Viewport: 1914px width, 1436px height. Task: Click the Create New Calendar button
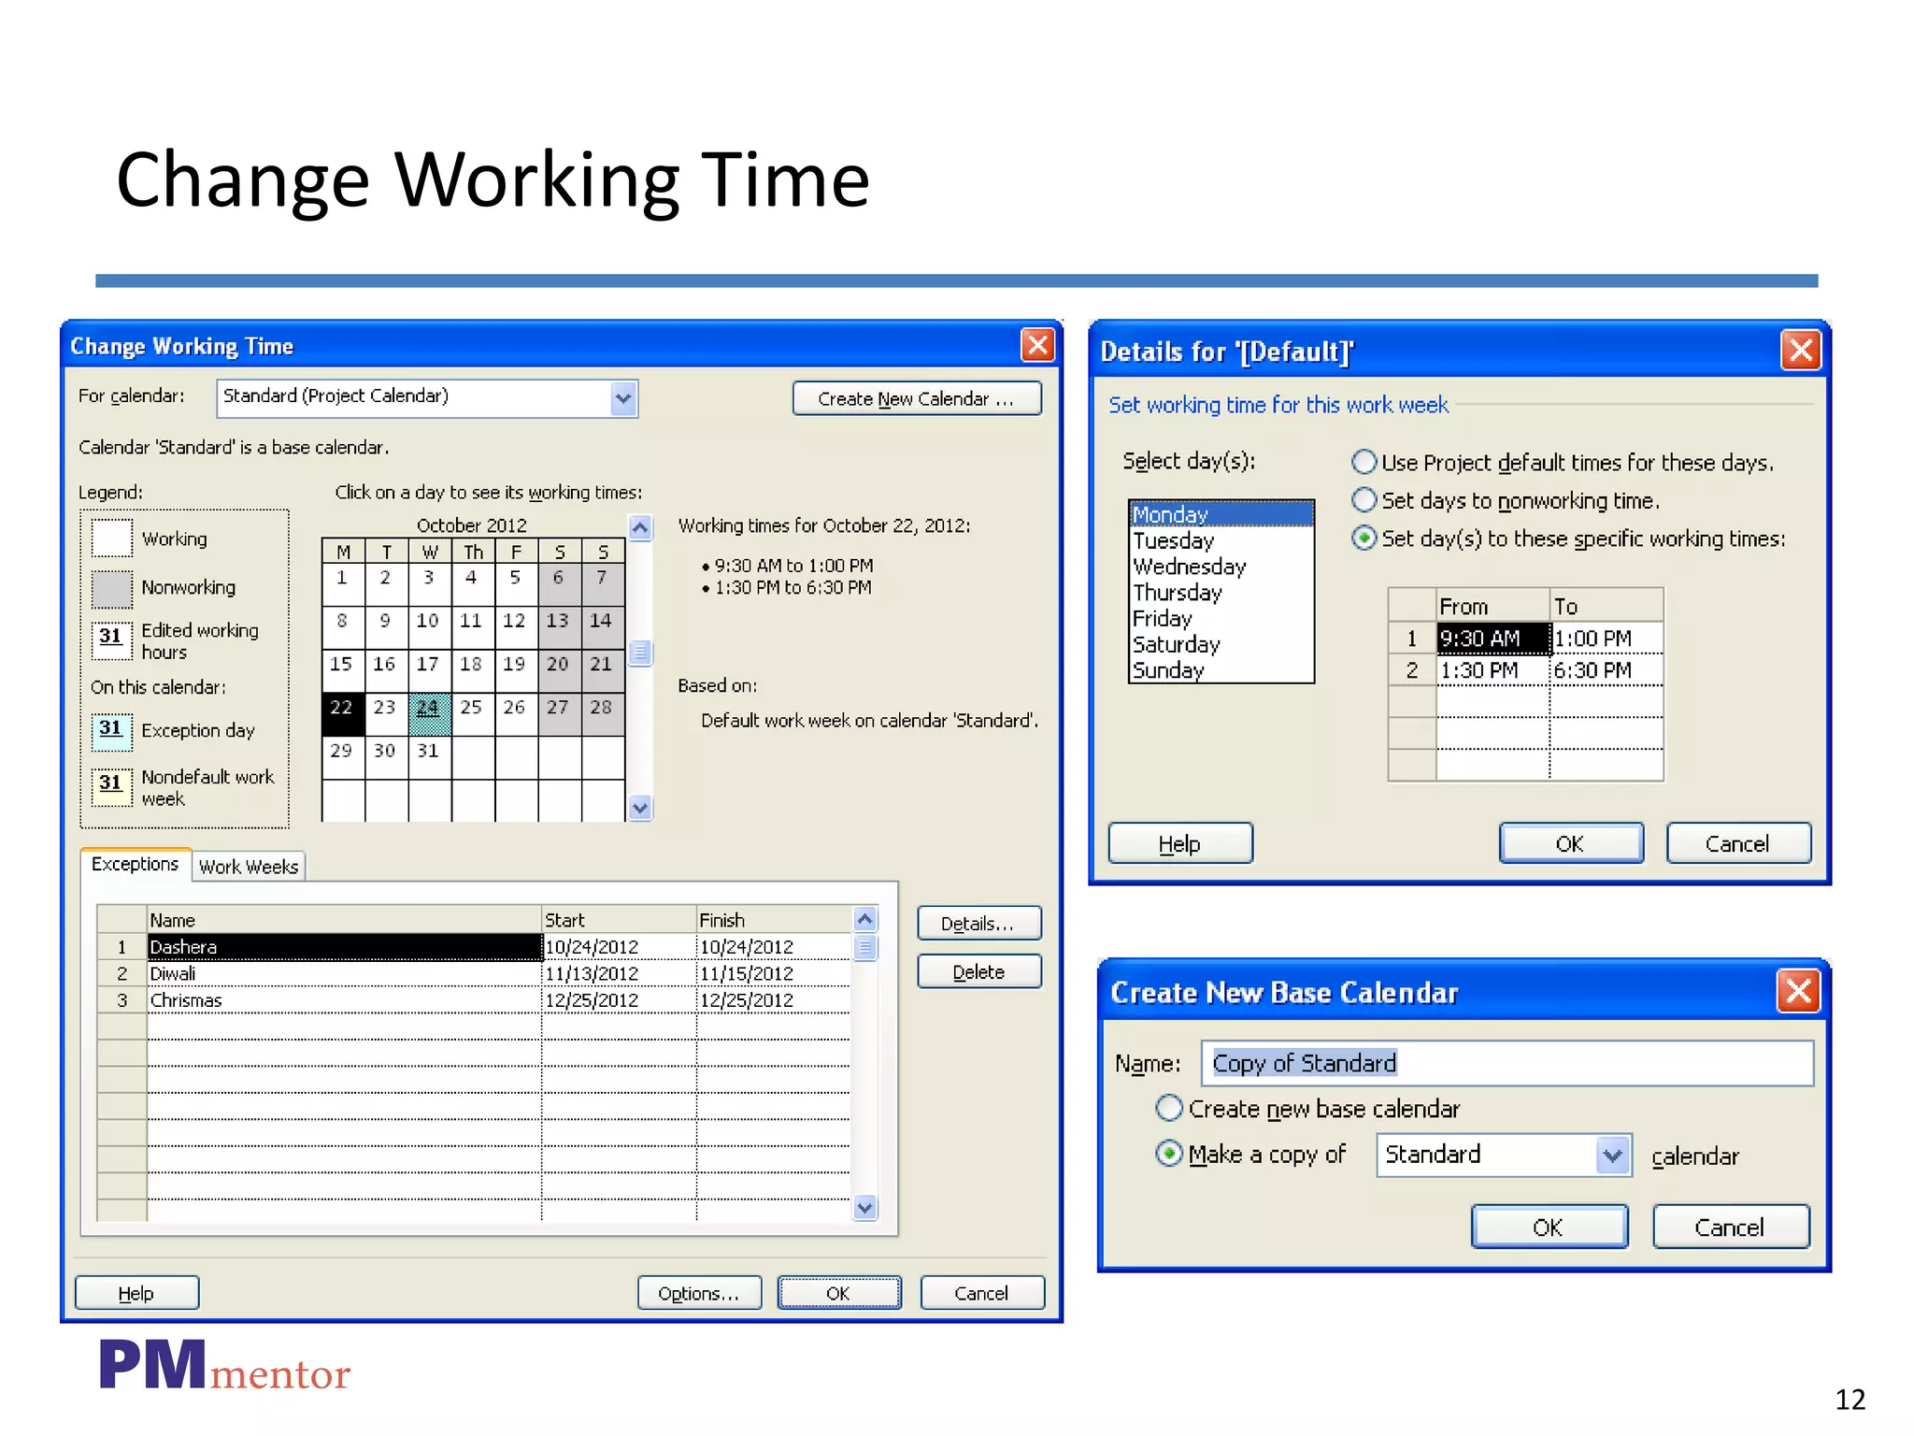(916, 399)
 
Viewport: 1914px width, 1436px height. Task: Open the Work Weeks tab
(249, 867)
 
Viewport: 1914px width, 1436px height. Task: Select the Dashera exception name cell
(344, 947)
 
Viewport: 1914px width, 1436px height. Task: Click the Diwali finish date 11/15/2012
(747, 973)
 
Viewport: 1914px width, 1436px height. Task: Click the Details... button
(978, 924)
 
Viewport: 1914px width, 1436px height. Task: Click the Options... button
(698, 1293)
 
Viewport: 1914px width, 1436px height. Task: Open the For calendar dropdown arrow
(623, 399)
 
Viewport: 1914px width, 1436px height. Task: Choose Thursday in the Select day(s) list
(1178, 593)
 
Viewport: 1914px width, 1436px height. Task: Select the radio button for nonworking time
(1364, 500)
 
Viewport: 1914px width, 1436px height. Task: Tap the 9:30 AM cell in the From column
(1492, 639)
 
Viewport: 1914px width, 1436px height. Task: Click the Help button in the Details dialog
(1179, 844)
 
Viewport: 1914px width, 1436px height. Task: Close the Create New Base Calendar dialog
(1798, 991)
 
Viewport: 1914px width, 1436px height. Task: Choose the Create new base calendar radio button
(1168, 1109)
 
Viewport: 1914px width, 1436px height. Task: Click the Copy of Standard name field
(1506, 1063)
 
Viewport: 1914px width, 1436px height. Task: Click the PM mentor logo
(224, 1368)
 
